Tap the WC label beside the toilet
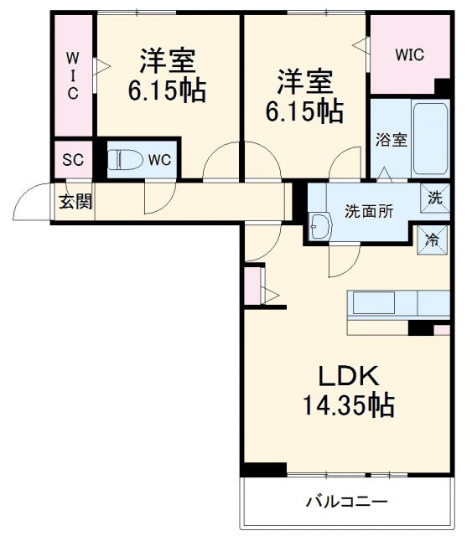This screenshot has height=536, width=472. coord(159,160)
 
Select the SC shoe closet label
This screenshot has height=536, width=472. coord(73,160)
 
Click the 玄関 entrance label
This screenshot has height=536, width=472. coord(75,201)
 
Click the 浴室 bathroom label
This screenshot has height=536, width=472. coord(391,140)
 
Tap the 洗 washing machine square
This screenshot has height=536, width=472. coord(435,198)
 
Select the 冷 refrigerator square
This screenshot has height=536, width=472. coord(433,240)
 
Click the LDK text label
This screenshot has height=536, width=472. coord(347,374)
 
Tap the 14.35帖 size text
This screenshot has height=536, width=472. coord(347,406)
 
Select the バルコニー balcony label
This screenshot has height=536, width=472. coord(346,502)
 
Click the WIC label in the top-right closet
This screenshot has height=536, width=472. coord(410,54)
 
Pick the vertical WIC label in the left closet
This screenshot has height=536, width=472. coord(73,75)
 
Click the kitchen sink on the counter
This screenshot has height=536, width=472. coord(372,302)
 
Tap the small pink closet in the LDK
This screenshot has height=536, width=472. coord(253,286)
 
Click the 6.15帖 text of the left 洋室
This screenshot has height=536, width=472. coord(167,90)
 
